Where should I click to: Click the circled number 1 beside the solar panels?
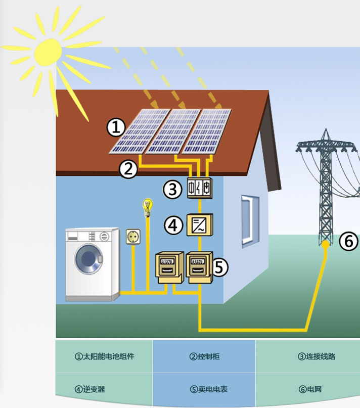point(116,127)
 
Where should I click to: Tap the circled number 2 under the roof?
point(128,169)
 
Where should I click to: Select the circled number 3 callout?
point(172,190)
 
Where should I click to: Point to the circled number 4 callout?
point(174,225)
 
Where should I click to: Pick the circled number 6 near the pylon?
point(348,242)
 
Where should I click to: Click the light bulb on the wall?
point(148,207)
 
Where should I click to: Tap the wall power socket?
point(133,236)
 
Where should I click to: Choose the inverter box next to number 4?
point(200,224)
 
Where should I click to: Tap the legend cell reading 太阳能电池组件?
point(105,356)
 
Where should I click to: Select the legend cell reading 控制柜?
point(204,356)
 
